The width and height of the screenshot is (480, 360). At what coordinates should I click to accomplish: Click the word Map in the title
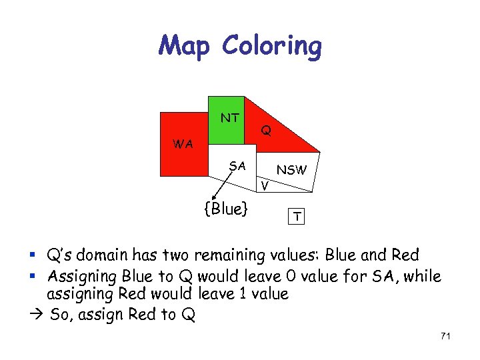point(185,46)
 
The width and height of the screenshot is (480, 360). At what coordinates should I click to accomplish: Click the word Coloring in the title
point(272,46)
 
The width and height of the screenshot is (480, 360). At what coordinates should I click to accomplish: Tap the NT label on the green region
point(230,118)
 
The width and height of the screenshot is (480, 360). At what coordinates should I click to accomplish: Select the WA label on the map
point(182,144)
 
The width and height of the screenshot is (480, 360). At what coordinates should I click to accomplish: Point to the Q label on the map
point(265,131)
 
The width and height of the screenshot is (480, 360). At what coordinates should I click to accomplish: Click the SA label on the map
point(237,165)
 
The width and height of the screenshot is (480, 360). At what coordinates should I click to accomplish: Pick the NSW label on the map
point(291,170)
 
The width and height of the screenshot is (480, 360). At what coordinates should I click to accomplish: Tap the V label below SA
point(265,185)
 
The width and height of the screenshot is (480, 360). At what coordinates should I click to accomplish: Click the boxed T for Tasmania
point(295,216)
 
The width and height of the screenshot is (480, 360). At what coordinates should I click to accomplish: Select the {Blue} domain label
point(226,209)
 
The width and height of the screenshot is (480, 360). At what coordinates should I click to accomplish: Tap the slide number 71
point(445,336)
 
